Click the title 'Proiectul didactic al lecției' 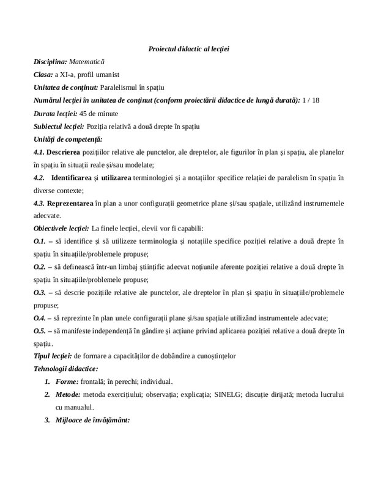pyautogui.click(x=188, y=48)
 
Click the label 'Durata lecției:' pyautogui.click(x=56, y=114)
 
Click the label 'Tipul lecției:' pyautogui.click(x=53, y=356)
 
